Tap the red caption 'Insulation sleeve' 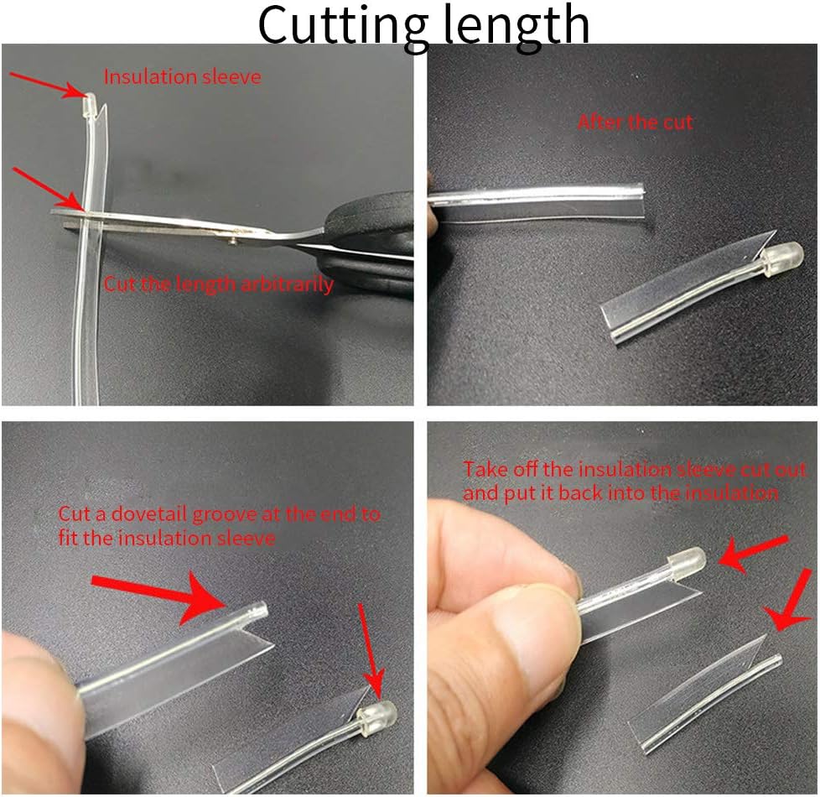[x=183, y=77]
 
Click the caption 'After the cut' [x=636, y=122]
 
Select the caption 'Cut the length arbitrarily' [x=219, y=284]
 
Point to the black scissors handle [x=366, y=246]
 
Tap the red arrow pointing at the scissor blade [x=47, y=189]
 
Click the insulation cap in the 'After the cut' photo [x=783, y=257]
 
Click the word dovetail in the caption [x=150, y=514]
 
